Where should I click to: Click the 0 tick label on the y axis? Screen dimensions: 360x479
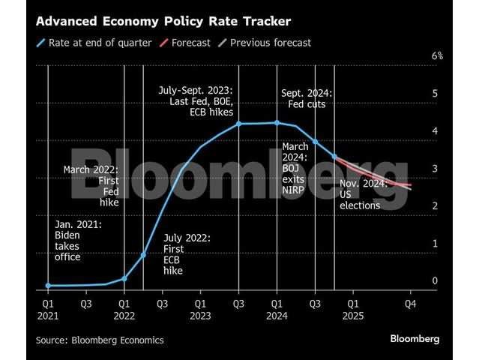click(435, 280)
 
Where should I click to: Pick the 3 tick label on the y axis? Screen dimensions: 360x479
click(435, 169)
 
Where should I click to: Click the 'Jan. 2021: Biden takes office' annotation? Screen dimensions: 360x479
click(78, 240)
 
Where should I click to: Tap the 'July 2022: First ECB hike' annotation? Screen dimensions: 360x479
click(187, 254)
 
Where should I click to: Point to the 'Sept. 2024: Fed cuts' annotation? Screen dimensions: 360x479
click(307, 98)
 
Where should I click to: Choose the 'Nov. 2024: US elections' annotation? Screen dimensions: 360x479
click(363, 194)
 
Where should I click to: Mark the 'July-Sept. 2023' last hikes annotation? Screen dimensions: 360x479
click(196, 101)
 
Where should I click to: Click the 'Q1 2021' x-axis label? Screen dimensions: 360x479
click(48, 310)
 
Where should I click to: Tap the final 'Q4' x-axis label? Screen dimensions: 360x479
click(410, 304)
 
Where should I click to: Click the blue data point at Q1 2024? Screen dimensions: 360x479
click(277, 123)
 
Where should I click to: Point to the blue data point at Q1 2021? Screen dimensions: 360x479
click(48, 286)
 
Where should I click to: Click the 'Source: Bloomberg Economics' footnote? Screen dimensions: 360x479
click(100, 340)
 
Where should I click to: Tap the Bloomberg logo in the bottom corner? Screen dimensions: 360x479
click(415, 339)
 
